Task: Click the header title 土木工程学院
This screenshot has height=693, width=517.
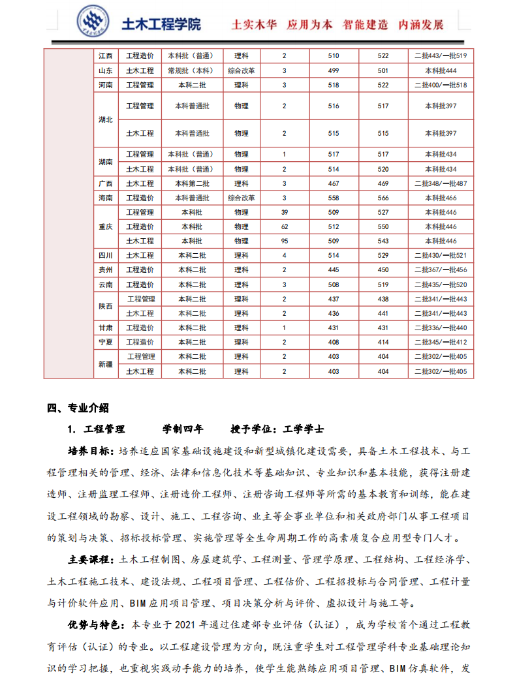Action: [161, 25]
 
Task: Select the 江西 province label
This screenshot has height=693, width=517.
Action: [105, 56]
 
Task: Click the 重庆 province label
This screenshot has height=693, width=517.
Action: [105, 226]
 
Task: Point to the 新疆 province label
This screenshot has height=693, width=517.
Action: [105, 364]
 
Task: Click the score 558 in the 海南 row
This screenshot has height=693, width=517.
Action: [334, 198]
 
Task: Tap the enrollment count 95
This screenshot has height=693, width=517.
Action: [284, 241]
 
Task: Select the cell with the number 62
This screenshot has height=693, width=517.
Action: [284, 226]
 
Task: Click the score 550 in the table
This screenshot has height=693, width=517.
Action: [383, 226]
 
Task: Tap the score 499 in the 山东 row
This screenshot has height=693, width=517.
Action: [334, 70]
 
